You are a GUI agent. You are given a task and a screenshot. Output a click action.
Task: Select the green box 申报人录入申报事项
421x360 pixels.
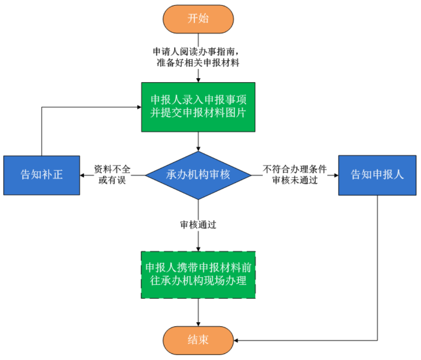coord(198,107)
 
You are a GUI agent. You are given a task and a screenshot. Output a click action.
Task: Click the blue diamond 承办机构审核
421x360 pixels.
coord(198,175)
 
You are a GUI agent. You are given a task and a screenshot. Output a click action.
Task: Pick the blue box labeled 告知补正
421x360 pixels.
coord(41,175)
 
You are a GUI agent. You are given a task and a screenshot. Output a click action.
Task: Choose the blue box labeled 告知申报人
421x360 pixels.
coord(377,175)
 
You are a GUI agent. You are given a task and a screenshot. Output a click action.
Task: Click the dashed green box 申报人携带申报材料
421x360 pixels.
coord(198,275)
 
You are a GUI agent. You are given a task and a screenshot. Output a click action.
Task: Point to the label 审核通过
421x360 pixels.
coord(198,225)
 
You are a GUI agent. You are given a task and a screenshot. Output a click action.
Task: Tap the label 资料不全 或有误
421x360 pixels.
coord(112,175)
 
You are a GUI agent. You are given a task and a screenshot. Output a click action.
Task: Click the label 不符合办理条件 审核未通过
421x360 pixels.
coord(294,175)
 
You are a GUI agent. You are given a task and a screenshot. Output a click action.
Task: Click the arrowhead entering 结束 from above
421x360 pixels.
coord(198,324)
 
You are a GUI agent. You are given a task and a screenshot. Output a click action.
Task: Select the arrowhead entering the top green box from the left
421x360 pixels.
coord(139,107)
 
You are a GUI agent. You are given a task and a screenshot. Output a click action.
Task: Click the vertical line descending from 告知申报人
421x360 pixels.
coord(377,267)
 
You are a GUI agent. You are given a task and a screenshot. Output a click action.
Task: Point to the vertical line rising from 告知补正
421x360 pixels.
coord(41,132)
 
